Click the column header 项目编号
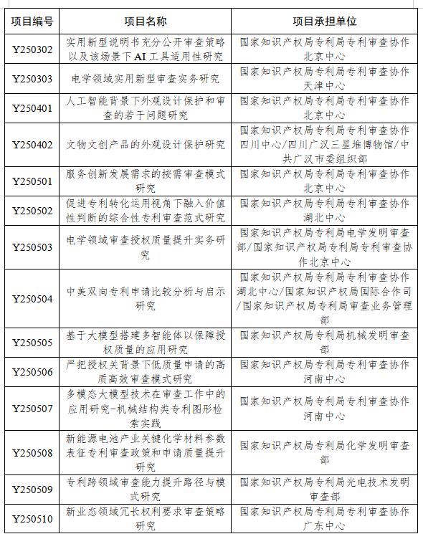[x=32, y=21]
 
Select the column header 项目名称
[x=146, y=21]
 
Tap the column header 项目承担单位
[x=325, y=21]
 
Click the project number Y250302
[x=32, y=49]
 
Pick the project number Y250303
[x=32, y=79]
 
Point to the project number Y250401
[x=32, y=108]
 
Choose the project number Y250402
[x=32, y=145]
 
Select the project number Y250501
[x=32, y=181]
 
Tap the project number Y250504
[x=32, y=299]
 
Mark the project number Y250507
[x=32, y=409]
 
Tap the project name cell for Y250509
[x=146, y=489]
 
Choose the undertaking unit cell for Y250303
[x=325, y=79]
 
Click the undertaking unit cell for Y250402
[x=325, y=145]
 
